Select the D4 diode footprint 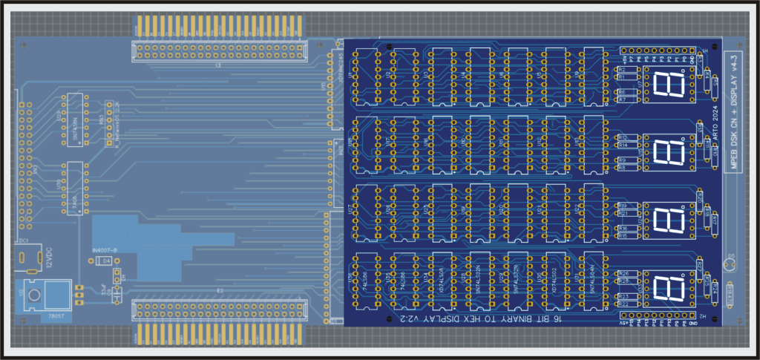click(107, 261)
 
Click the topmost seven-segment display click(669, 85)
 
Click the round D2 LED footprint click(732, 266)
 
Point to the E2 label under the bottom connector click(220, 290)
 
